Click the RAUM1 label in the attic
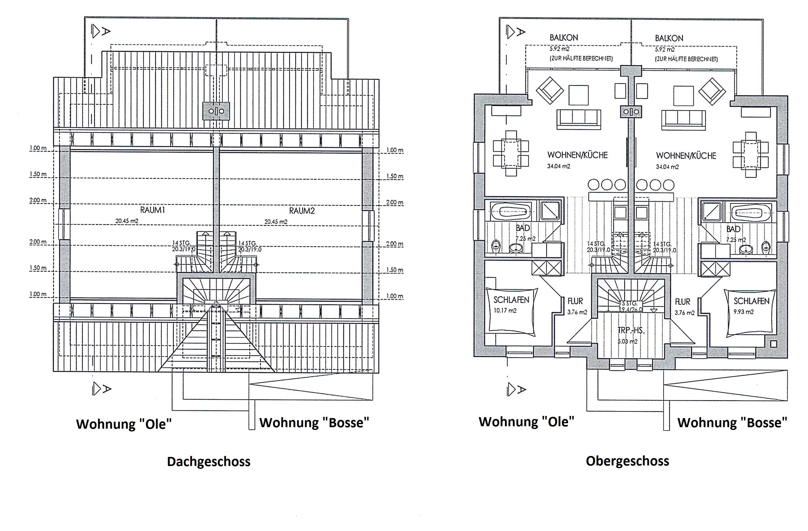[152, 210]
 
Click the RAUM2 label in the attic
[302, 211]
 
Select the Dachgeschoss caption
[208, 462]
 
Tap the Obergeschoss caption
[627, 461]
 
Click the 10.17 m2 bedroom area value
[505, 311]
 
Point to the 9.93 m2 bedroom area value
[743, 311]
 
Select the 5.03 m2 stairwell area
[627, 341]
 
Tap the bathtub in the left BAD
[510, 213]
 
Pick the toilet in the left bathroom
[496, 246]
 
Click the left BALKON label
[564, 38]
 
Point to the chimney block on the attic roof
[216, 111]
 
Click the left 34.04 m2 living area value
[559, 166]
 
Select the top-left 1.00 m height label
[38, 148]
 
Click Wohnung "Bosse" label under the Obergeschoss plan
[732, 423]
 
